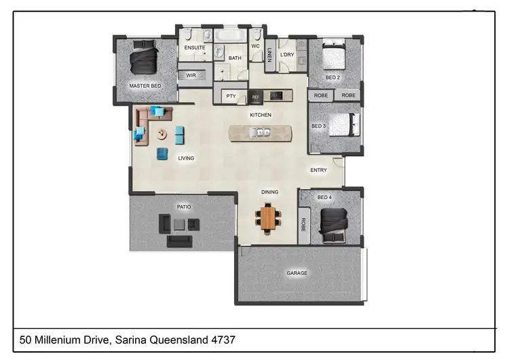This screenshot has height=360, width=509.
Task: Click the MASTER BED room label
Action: [x=145, y=86]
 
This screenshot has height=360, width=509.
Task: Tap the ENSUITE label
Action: [x=195, y=48]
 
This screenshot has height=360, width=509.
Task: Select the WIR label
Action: [x=191, y=76]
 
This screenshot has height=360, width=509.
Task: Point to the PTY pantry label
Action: [x=231, y=96]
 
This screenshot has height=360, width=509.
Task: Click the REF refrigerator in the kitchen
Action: [x=256, y=97]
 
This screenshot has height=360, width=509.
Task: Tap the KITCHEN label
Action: [x=261, y=115]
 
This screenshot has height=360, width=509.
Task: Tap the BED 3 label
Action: [x=319, y=126]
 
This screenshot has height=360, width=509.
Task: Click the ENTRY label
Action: [x=318, y=170]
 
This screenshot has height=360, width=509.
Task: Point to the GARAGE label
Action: [x=297, y=273]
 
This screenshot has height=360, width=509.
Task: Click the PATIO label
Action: [x=184, y=206]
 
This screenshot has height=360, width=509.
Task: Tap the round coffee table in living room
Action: [x=163, y=134]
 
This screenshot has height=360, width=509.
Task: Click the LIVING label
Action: [x=186, y=158]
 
